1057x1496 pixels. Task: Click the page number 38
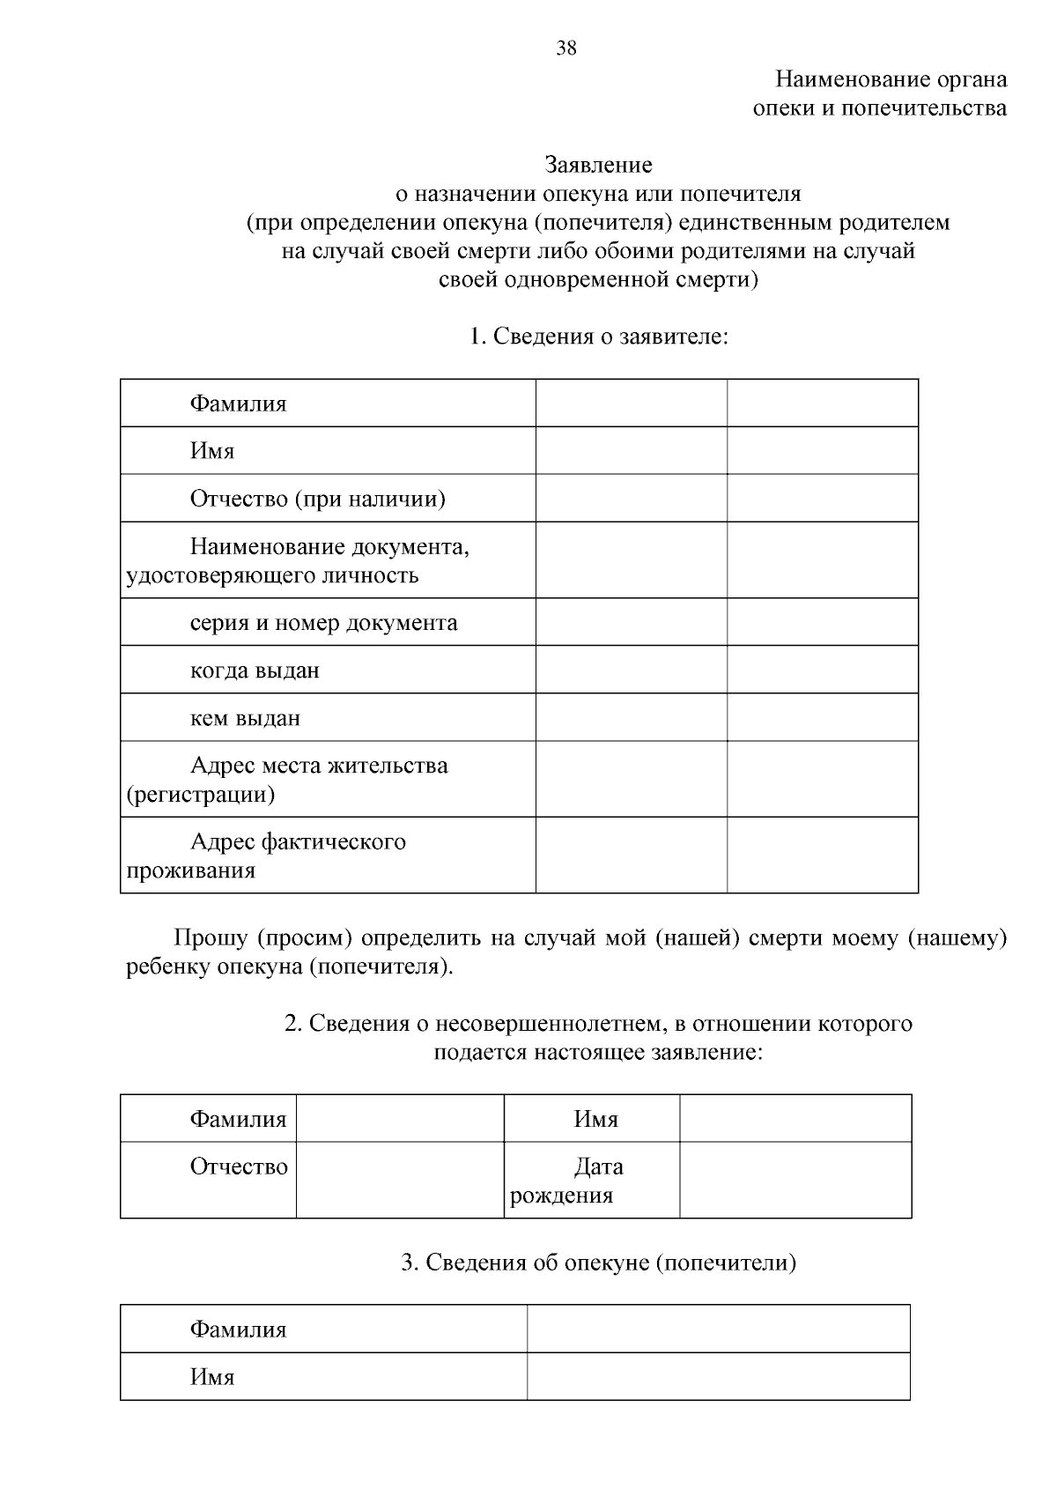point(566,48)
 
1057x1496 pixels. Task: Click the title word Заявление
point(598,165)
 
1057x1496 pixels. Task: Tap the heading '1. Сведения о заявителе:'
point(598,336)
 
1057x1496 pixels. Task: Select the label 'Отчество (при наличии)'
point(318,500)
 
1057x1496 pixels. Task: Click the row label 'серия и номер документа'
point(323,623)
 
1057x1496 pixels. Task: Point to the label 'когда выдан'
point(255,670)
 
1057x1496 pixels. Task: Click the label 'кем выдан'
point(245,718)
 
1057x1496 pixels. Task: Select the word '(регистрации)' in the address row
point(201,795)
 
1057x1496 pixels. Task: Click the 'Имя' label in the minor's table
point(596,1120)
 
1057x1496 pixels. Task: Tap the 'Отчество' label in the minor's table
point(239,1167)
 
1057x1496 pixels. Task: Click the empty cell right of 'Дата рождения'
point(795,1181)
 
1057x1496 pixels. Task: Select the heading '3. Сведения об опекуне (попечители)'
point(598,1263)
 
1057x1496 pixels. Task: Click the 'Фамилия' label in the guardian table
point(238,1329)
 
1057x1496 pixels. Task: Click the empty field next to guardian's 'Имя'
point(718,1376)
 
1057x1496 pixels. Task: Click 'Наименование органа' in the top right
point(891,79)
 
